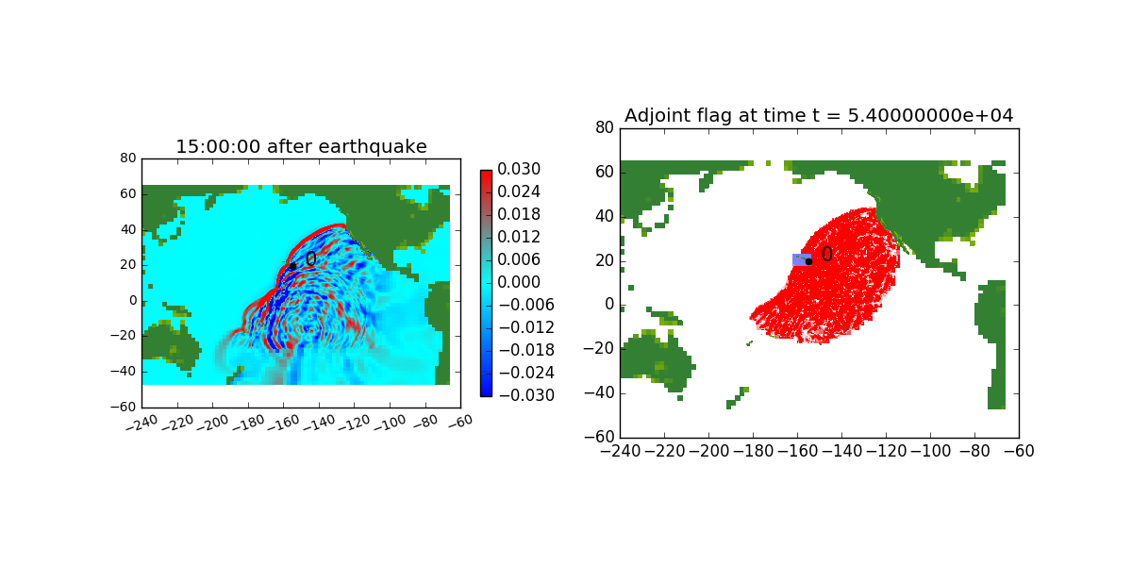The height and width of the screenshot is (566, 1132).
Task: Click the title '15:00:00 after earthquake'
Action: click(301, 146)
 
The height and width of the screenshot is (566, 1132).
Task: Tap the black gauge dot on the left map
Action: click(292, 267)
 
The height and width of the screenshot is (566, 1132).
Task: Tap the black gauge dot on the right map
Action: click(808, 262)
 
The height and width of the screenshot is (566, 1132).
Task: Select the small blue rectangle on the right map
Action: click(802, 259)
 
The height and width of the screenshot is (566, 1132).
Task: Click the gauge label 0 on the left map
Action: click(310, 259)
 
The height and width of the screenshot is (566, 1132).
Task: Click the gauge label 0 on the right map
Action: click(826, 254)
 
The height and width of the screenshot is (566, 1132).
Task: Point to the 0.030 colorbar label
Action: click(519, 169)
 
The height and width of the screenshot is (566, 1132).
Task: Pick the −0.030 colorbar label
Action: click(526, 395)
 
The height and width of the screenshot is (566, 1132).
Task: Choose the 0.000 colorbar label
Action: click(519, 282)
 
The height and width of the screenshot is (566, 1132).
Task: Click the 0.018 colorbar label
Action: click(519, 214)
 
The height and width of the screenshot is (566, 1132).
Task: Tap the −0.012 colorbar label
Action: click(526, 327)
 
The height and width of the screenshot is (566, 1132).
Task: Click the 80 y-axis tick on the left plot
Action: click(128, 158)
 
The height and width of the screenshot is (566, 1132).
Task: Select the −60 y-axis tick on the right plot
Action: click(599, 437)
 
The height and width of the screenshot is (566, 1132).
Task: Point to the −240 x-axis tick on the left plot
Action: click(142, 423)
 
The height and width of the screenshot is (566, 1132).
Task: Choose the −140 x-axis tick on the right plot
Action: click(841, 451)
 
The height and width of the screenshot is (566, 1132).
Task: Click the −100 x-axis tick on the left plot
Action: click(391, 423)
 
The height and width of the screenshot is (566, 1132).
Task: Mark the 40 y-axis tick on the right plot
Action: click(605, 216)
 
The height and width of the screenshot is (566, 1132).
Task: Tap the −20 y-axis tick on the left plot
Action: click(124, 336)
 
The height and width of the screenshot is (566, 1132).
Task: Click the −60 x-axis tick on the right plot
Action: click(1019, 451)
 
